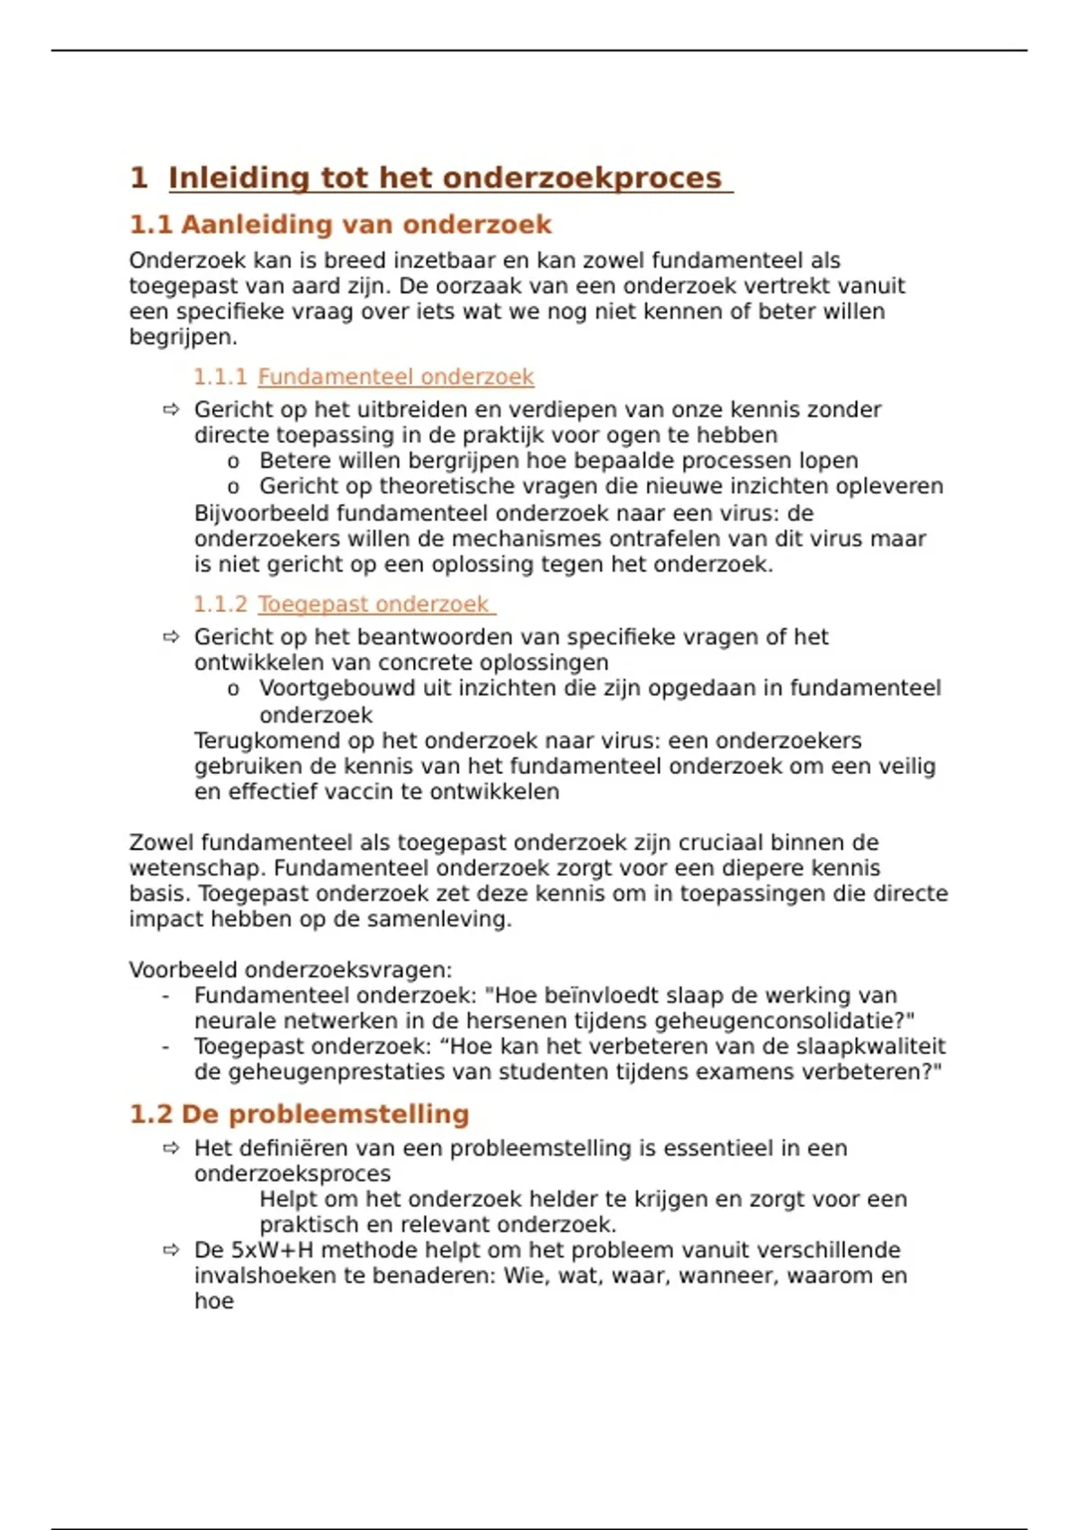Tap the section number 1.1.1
[x=220, y=377]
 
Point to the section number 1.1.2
[x=220, y=604]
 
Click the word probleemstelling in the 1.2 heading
[x=348, y=1114]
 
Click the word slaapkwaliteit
[x=870, y=1047]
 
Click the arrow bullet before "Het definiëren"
[x=171, y=1148]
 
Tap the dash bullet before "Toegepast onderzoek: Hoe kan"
[x=166, y=1048]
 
